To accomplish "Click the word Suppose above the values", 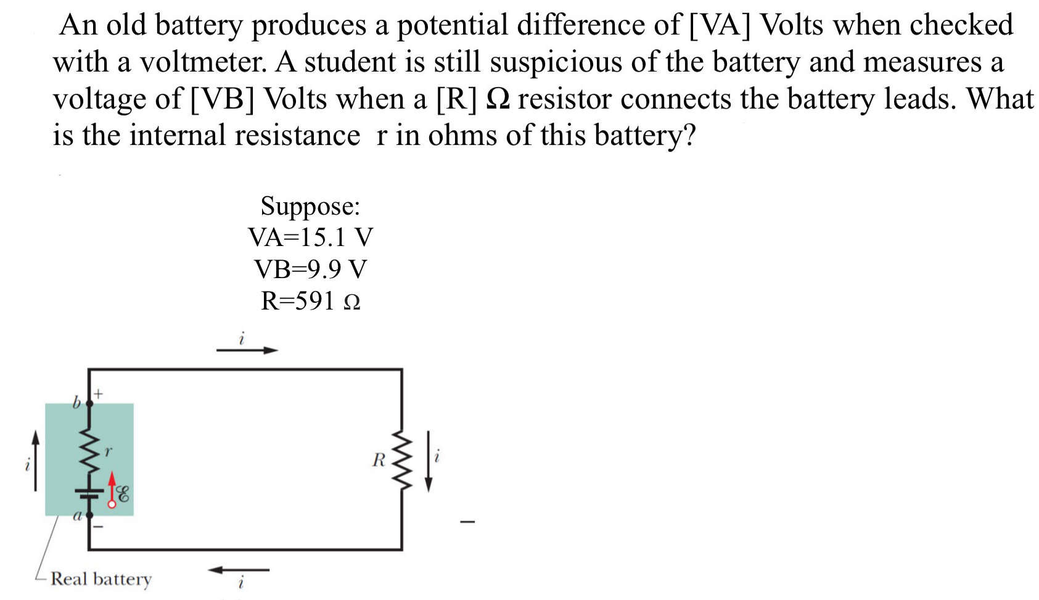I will coord(310,206).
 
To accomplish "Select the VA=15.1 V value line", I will coord(310,237).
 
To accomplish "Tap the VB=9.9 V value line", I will coord(310,269).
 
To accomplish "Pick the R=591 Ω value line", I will coord(310,301).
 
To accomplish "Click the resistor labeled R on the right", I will coord(401,460).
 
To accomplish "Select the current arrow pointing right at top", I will coord(247,350).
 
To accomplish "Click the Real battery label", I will coord(101,579).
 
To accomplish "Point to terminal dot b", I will coord(89,403).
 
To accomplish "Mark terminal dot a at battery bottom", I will coord(89,514).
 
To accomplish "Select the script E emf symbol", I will coord(123,494).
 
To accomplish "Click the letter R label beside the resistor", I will coord(379,460).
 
